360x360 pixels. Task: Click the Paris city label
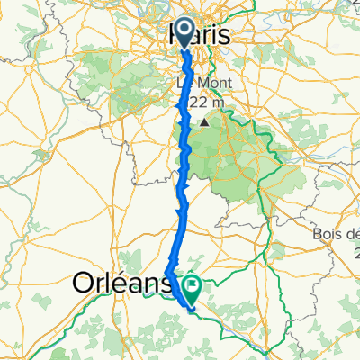pyautogui.click(x=200, y=36)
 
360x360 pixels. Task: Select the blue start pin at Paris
pyautogui.click(x=184, y=33)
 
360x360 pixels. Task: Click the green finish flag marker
pyautogui.click(x=193, y=286)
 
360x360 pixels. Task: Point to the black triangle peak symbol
pyautogui.click(x=206, y=121)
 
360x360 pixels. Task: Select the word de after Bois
pyautogui.click(x=352, y=236)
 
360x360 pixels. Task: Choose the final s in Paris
pyautogui.click(x=224, y=36)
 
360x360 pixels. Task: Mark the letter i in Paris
pyautogui.click(x=216, y=36)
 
